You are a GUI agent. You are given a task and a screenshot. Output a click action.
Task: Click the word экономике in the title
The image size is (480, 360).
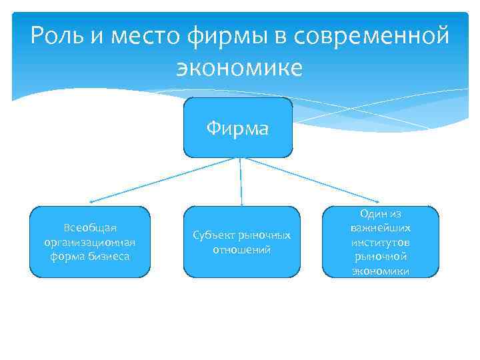pyautogui.click(x=239, y=67)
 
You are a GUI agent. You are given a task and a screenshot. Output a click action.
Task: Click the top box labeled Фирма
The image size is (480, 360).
pyautogui.click(x=238, y=127)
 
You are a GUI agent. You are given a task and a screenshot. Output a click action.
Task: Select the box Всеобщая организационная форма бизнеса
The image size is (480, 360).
pyautogui.click(x=90, y=242)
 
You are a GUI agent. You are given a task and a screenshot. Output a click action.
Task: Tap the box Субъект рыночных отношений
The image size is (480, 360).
pyautogui.click(x=241, y=242)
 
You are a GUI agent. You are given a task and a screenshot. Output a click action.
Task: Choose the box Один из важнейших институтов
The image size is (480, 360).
pyautogui.click(x=381, y=242)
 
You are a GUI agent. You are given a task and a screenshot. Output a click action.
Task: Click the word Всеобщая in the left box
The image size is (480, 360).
pyautogui.click(x=90, y=229)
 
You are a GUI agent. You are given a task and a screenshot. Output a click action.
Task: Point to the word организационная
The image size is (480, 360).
pyautogui.click(x=90, y=242)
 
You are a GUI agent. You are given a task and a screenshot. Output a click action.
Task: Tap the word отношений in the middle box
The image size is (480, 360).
pyautogui.click(x=241, y=250)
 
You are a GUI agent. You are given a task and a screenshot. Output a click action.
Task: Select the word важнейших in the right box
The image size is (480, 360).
pyautogui.click(x=381, y=227)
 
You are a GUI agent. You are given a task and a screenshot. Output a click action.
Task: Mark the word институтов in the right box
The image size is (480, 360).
pyautogui.click(x=381, y=242)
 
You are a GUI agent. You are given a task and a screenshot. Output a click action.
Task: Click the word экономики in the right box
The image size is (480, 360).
pyautogui.click(x=381, y=271)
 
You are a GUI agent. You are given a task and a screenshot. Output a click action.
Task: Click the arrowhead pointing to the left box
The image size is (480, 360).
pyautogui.click(x=91, y=201)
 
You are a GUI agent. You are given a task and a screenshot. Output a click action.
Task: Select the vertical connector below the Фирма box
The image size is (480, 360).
pyautogui.click(x=241, y=181)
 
